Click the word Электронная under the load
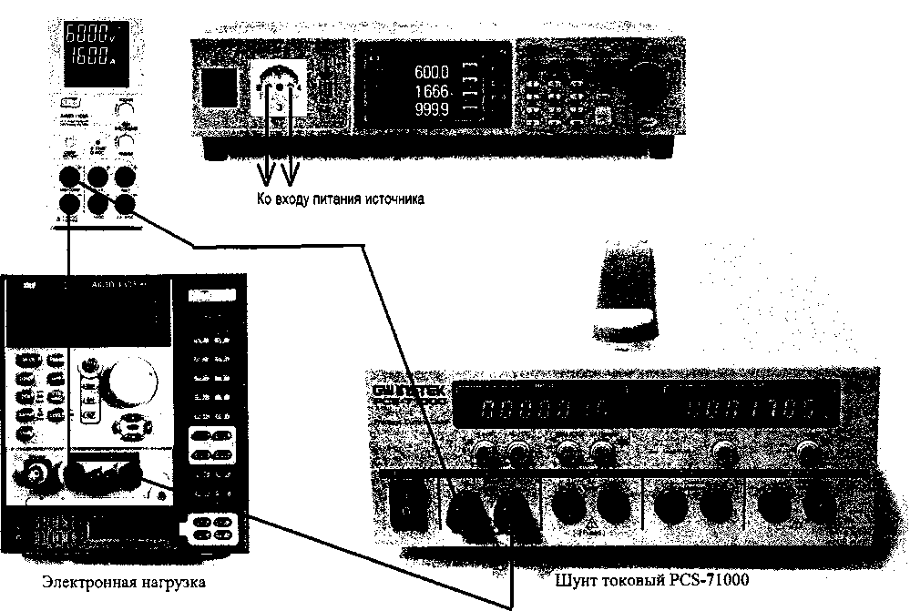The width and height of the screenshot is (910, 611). click(77, 580)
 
